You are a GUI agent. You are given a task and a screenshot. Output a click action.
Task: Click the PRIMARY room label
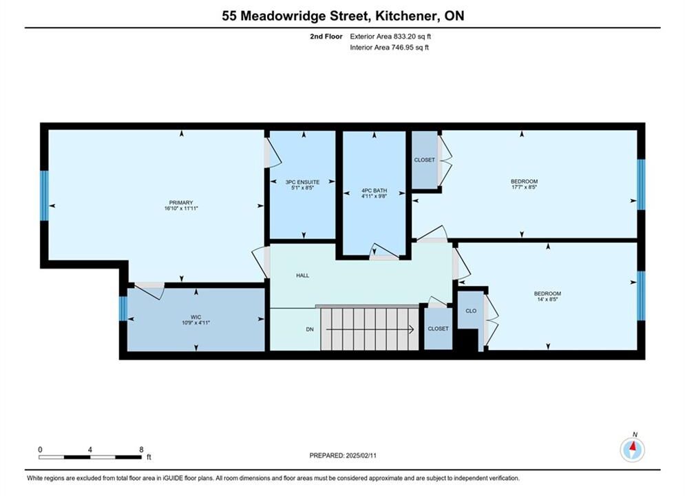(x=181, y=203)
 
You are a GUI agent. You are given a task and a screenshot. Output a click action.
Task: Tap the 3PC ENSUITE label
(x=302, y=183)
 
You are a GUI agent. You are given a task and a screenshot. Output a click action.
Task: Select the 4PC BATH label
(x=374, y=191)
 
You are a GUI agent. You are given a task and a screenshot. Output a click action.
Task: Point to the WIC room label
(x=196, y=318)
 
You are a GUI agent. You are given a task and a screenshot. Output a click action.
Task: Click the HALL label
(x=302, y=276)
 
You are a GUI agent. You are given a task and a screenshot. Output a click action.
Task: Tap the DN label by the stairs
(x=310, y=329)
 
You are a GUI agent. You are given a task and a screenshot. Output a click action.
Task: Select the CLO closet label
(x=471, y=311)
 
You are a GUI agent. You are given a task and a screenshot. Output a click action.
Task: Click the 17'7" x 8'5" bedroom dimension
(x=524, y=187)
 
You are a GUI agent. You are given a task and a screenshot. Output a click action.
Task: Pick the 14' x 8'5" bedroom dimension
(x=547, y=300)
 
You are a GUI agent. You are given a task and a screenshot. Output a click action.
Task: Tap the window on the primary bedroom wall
(x=44, y=196)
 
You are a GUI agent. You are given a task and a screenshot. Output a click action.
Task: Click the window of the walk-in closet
(x=123, y=309)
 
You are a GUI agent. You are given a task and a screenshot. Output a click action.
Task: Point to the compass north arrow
(x=632, y=447)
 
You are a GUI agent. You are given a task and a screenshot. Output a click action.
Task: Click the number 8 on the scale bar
(x=141, y=449)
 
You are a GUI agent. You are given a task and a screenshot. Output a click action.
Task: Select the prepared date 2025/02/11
(x=361, y=455)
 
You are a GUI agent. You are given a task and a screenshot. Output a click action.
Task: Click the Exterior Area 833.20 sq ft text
(x=390, y=37)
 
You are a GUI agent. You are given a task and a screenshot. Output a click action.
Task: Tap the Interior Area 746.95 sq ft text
(x=389, y=48)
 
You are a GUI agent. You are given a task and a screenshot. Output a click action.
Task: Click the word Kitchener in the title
(x=406, y=16)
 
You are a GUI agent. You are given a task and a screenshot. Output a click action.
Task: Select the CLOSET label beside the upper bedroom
(x=425, y=160)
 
